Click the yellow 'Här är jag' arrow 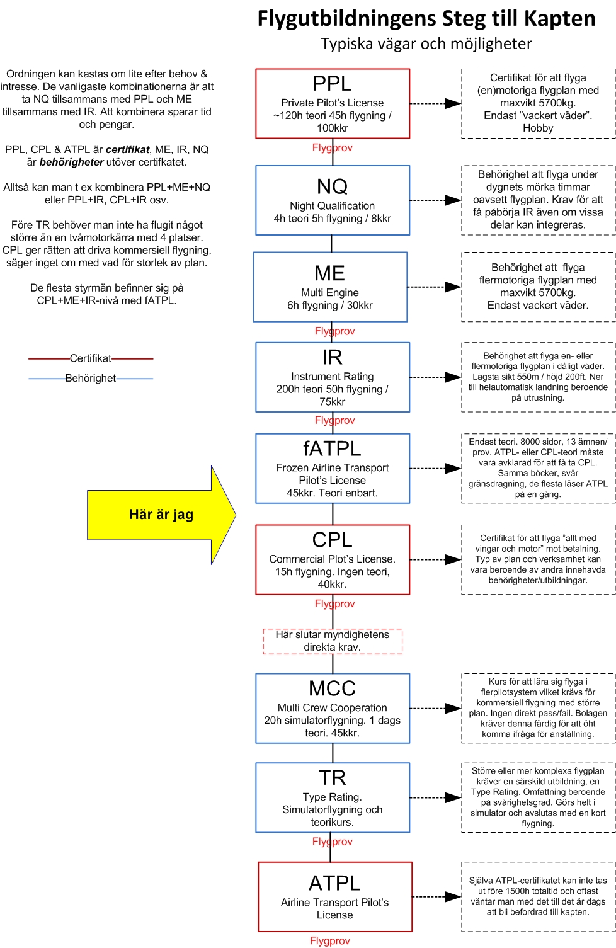(161, 515)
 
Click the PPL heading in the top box (332, 83)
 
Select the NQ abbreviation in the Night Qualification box (332, 186)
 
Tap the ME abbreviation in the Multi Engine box (329, 273)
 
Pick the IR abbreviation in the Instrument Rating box (332, 357)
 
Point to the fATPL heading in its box (332, 448)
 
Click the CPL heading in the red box (332, 540)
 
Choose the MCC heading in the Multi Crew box (332, 688)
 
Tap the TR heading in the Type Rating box (332, 777)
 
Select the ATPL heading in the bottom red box (334, 883)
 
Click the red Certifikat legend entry (91, 358)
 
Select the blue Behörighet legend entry (91, 379)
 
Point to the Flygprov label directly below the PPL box (332, 147)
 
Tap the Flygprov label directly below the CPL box (334, 603)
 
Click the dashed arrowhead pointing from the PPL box (453, 103)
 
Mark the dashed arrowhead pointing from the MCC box (453, 708)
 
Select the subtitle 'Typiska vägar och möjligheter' (426, 43)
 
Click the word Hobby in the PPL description (538, 128)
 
